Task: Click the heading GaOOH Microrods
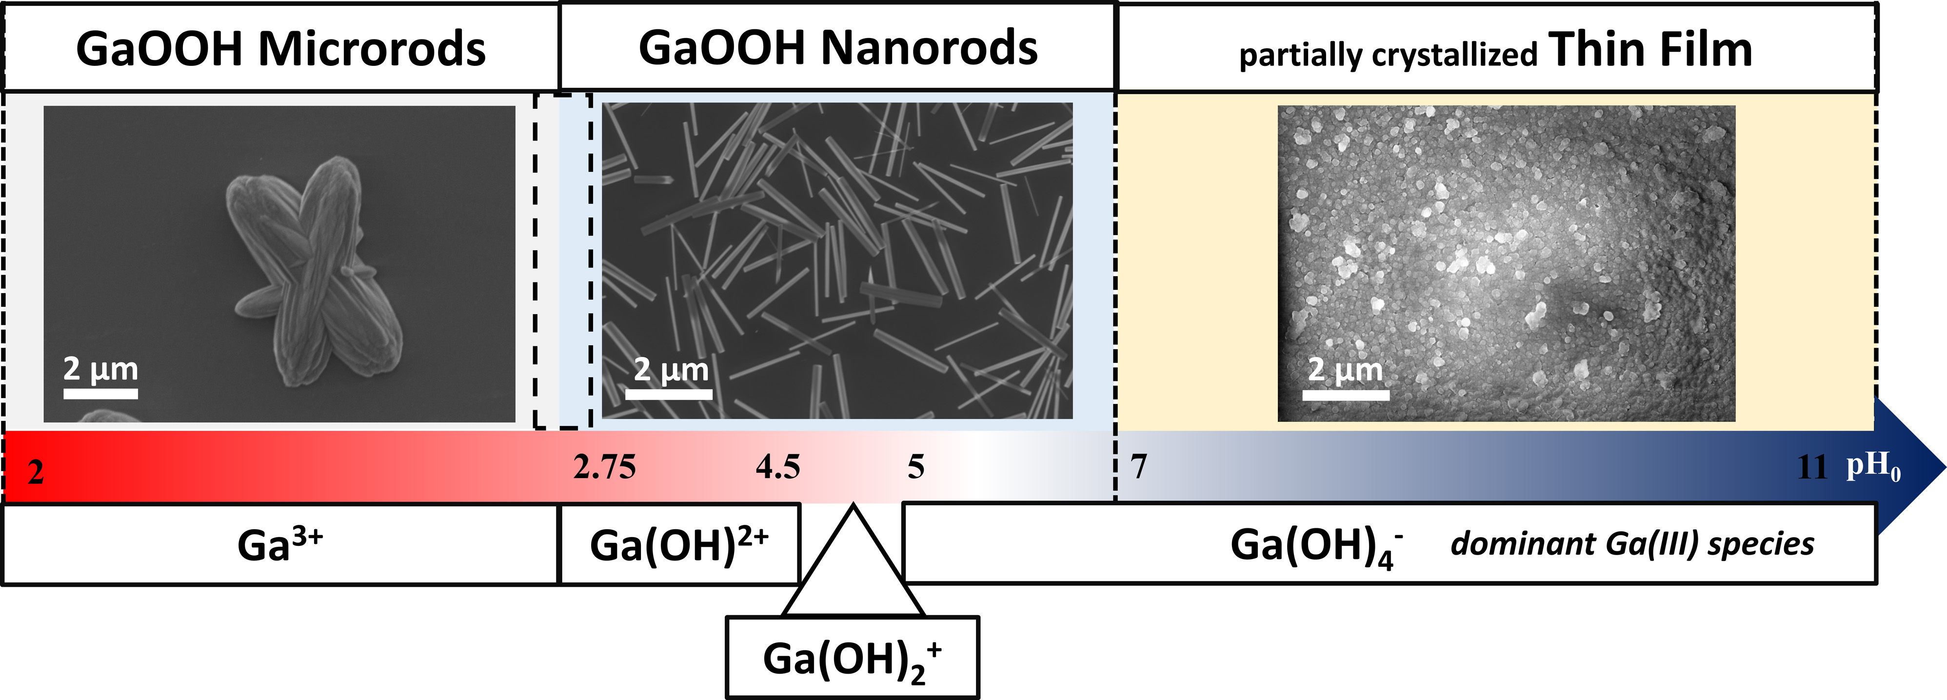coord(280,50)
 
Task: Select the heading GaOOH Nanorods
coord(837,48)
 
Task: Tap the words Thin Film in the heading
coord(1650,50)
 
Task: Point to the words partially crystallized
coord(1388,55)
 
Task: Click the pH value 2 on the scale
coord(36,473)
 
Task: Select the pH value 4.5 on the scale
coord(778,467)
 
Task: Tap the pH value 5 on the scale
coord(915,467)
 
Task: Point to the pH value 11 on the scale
coord(1812,468)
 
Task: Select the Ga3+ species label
coord(279,544)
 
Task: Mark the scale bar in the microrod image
coord(100,393)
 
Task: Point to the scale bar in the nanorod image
coord(668,393)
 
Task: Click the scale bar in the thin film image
coord(1345,395)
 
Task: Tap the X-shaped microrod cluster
coord(314,268)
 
